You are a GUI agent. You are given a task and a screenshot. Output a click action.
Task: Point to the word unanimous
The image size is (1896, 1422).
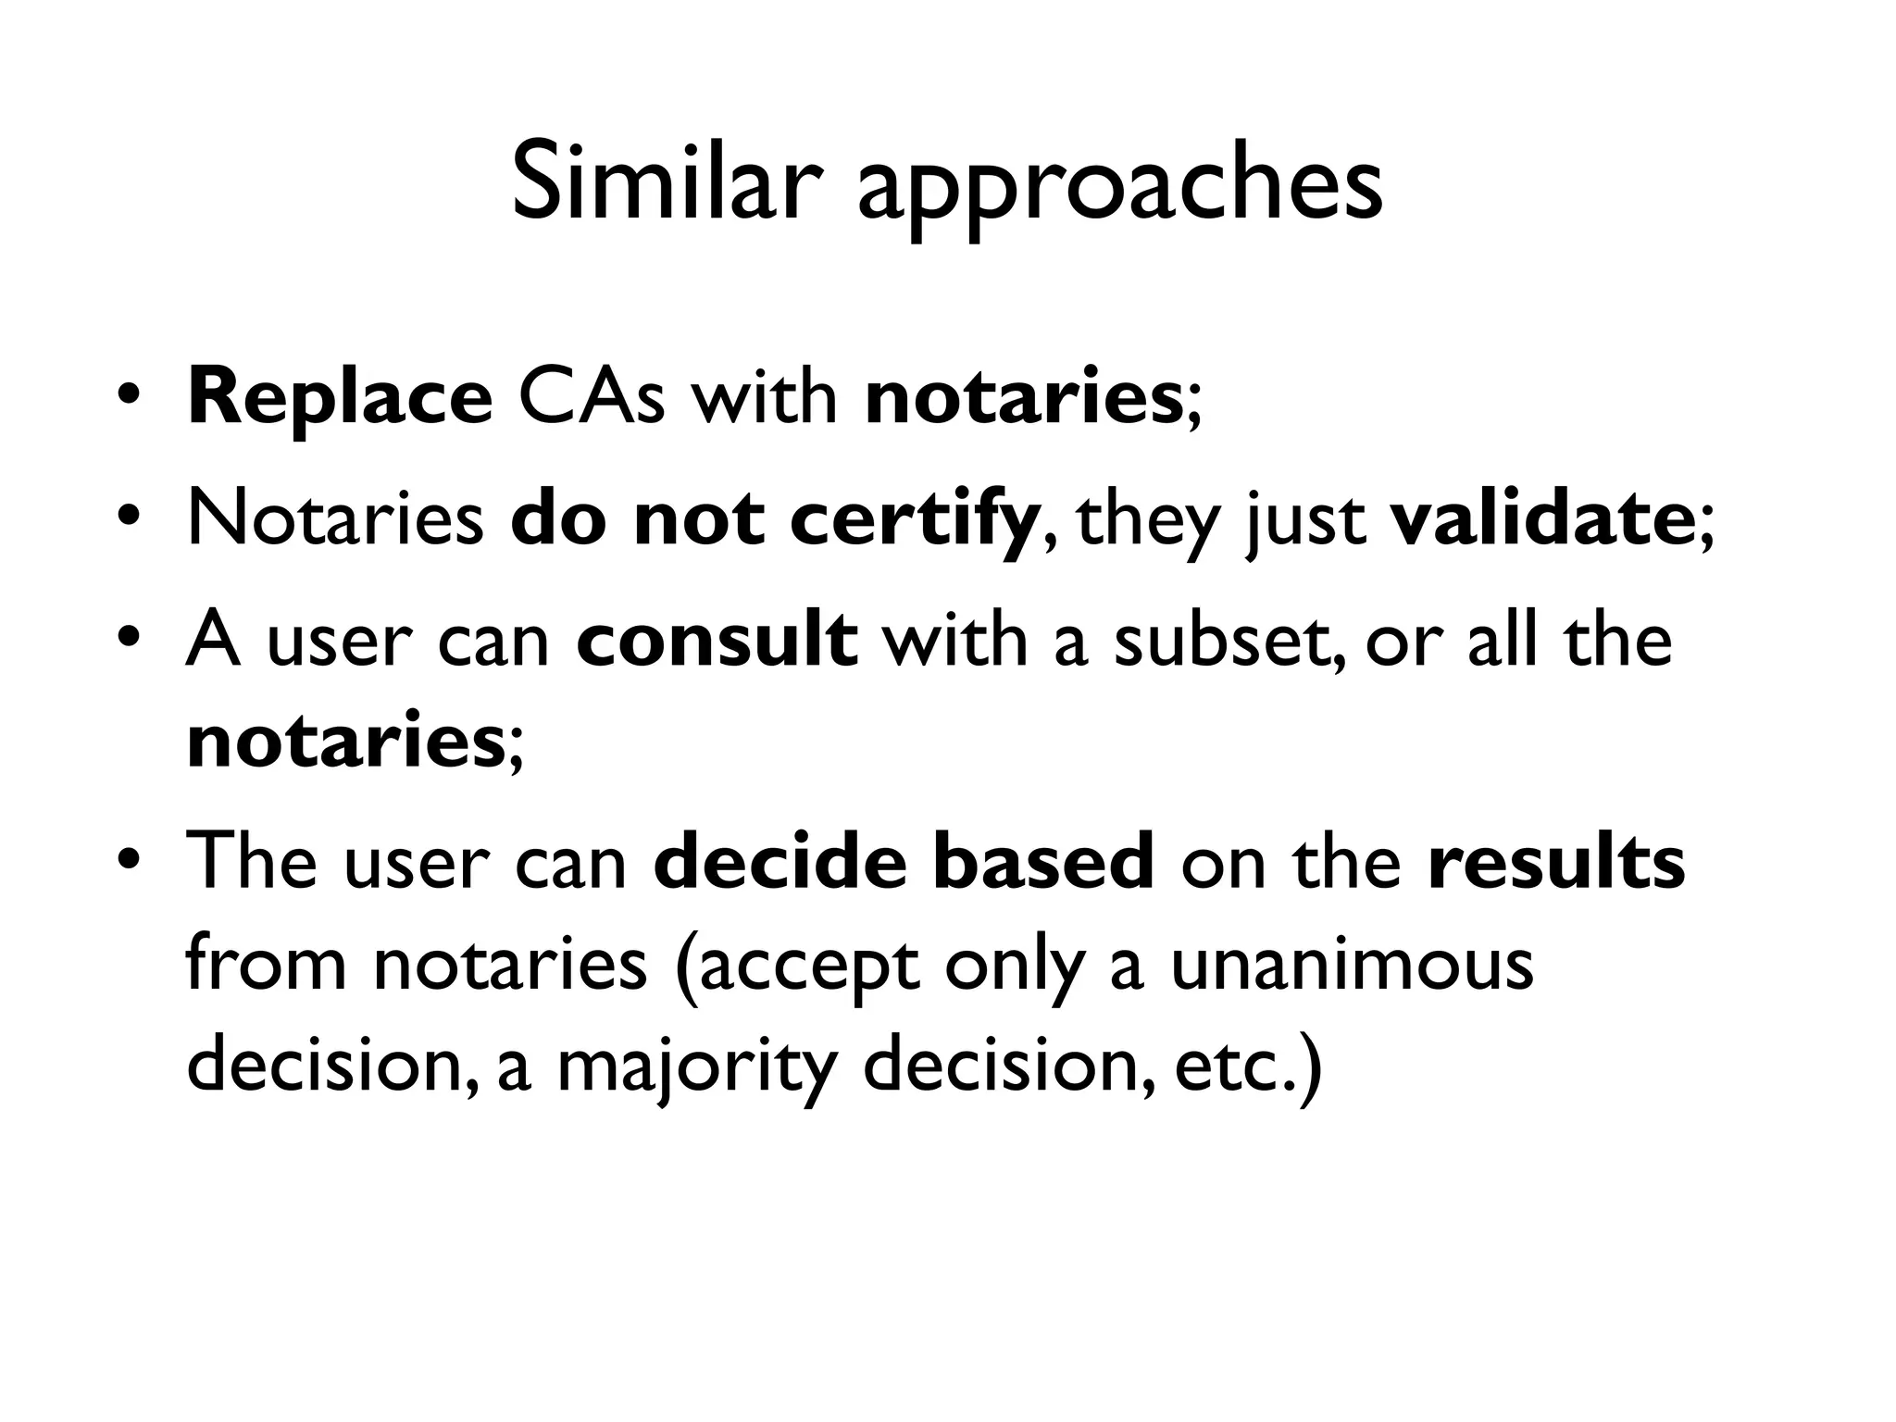coord(1352,965)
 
